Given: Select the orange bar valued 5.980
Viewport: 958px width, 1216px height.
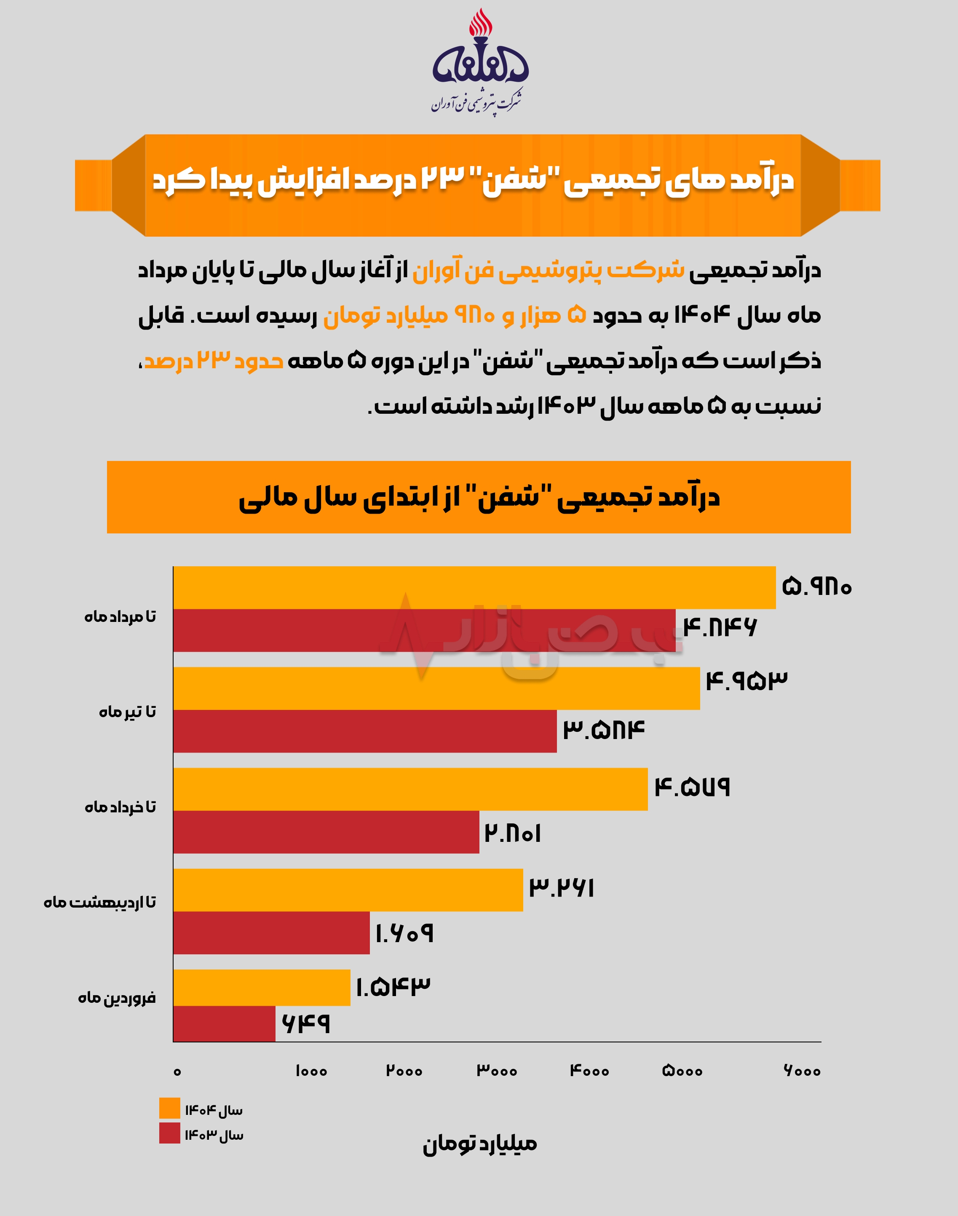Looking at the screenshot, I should [x=474, y=587].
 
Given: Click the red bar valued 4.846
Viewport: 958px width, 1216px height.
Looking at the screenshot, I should [x=424, y=630].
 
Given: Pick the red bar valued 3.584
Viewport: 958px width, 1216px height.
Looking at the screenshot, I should [x=364, y=731].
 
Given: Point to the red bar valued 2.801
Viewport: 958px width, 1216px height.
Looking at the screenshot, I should [x=326, y=832].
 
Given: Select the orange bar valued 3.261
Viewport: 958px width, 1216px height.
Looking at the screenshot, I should [x=348, y=890].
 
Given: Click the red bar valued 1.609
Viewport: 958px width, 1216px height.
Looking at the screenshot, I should [x=271, y=933].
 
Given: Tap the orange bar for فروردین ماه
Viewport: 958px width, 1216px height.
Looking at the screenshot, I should [x=261, y=988].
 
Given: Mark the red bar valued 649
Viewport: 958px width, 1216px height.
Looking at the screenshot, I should [x=225, y=1024].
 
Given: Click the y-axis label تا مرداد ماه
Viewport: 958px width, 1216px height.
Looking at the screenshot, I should [x=120, y=617].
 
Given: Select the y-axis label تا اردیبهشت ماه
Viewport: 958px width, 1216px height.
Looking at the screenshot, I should [x=100, y=903].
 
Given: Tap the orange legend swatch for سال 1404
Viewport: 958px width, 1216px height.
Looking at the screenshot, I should [x=169, y=1108].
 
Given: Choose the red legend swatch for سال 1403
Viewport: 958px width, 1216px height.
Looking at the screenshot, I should [x=169, y=1133].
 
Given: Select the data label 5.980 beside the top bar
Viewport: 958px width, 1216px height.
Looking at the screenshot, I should [x=816, y=587].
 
